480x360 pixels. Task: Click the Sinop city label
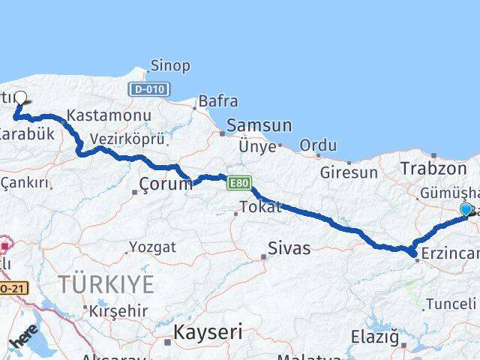[x=170, y=66]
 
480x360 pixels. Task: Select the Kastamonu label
[x=109, y=116]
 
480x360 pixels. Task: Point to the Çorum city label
[x=166, y=184]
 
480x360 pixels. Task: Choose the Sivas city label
[x=289, y=248]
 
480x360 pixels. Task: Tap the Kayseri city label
[x=209, y=331]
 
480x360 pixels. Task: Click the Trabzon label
[x=429, y=168]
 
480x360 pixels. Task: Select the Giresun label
[x=349, y=172]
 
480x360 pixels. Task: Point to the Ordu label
[x=317, y=145]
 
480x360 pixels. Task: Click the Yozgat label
[x=152, y=247]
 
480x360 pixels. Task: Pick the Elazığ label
[x=375, y=337]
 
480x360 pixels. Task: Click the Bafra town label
[x=218, y=101]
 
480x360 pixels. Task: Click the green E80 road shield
[x=238, y=182]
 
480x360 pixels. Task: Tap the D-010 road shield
[x=147, y=89]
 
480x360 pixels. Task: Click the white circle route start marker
[x=21, y=97]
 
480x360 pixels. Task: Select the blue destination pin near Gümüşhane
[x=466, y=210]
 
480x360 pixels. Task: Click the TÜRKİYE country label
[x=107, y=284]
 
